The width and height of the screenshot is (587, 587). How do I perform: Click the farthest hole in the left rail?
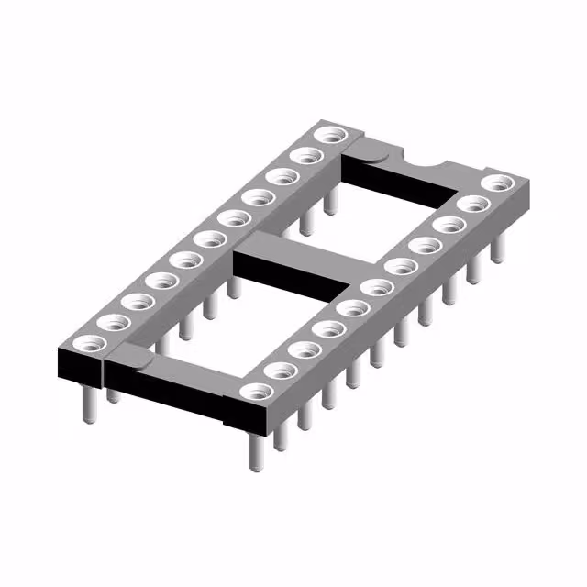coord(327,136)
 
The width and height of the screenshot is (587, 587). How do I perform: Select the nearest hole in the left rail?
coord(90,343)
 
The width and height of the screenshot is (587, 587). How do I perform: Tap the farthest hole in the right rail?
coord(497,183)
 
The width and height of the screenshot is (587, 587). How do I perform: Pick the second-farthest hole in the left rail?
coord(304,156)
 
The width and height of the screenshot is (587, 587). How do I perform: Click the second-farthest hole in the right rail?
coord(472,204)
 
